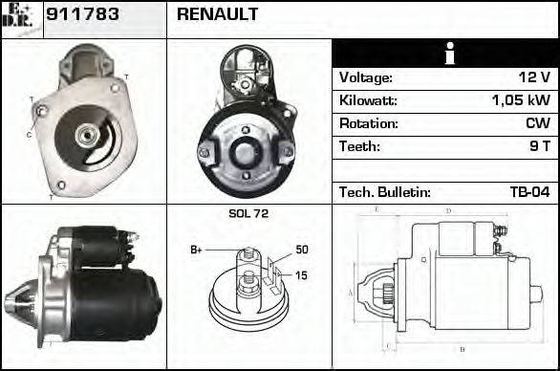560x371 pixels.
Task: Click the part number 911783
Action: [87, 14]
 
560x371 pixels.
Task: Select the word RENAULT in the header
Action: [217, 14]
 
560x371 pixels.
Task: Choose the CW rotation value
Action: [537, 123]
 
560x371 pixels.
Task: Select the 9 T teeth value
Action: [540, 146]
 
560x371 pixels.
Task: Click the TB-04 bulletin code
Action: [528, 192]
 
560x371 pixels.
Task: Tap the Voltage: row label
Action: [365, 77]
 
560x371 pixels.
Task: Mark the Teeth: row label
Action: [359, 146]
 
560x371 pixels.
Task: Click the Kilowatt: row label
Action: [368, 100]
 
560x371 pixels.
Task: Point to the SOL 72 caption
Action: [249, 214]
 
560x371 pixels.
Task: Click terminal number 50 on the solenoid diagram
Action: [302, 250]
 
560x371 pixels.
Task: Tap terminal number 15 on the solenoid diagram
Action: [302, 276]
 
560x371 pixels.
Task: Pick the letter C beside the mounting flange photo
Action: [29, 134]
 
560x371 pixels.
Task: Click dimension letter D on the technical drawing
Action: [449, 209]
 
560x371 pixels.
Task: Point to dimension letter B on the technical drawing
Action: [462, 349]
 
